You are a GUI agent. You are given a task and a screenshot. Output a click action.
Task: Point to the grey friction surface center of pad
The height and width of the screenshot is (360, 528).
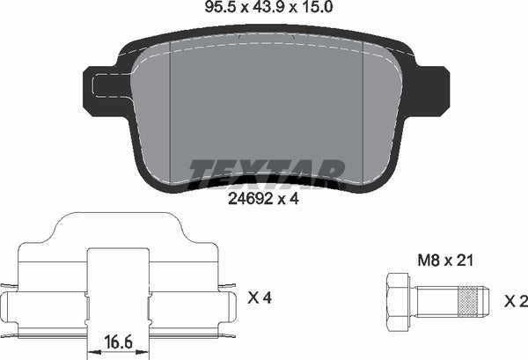(264, 106)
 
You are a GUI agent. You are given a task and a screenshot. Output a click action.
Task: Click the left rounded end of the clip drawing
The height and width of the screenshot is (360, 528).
(11, 307)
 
